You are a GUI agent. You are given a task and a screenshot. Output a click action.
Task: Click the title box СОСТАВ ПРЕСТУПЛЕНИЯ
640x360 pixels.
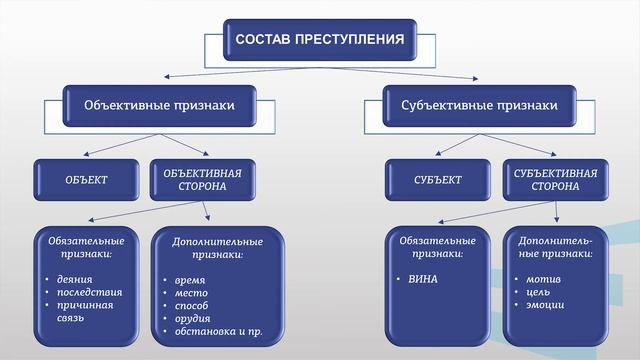319,41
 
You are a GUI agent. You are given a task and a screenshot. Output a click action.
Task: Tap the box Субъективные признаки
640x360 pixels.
479,104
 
